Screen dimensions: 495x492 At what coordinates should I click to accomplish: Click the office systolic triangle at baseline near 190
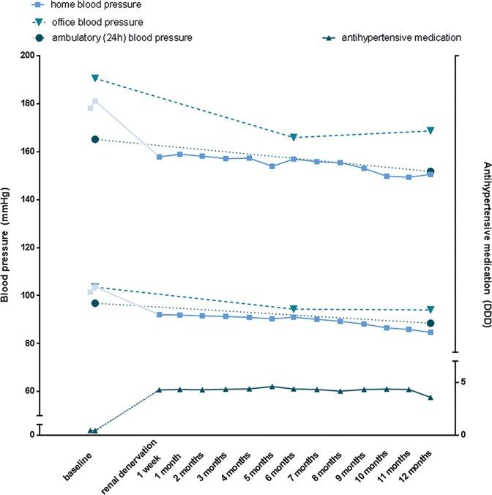click(x=95, y=78)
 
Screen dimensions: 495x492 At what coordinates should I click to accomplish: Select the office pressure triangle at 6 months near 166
click(x=294, y=138)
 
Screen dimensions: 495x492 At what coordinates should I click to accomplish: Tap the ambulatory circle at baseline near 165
click(x=95, y=139)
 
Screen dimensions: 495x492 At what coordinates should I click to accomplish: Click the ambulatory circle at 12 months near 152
click(x=430, y=172)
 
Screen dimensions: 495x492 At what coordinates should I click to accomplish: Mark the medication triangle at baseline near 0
click(x=92, y=431)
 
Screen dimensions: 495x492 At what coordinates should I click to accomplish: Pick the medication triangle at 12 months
click(x=430, y=398)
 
